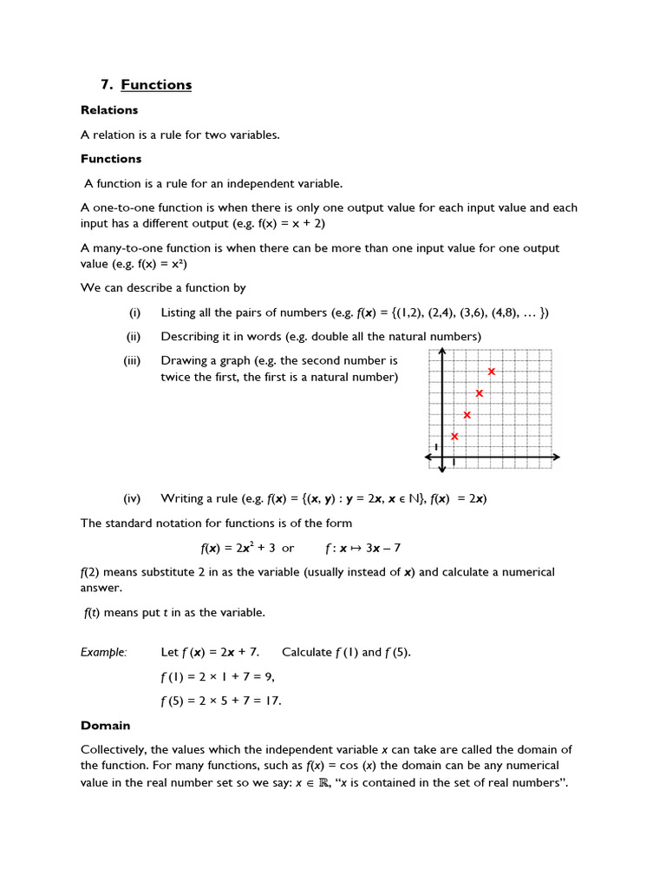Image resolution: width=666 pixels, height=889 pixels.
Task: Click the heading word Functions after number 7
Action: pos(156,84)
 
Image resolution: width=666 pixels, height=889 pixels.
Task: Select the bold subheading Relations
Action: pos(109,110)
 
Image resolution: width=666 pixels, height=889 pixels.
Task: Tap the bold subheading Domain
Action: pos(105,725)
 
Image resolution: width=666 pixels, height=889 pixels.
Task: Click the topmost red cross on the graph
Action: pos(491,372)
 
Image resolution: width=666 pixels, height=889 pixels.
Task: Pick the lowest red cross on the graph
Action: pos(454,436)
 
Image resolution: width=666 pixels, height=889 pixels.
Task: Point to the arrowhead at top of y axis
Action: pos(442,352)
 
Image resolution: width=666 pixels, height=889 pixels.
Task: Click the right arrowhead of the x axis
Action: pos(555,457)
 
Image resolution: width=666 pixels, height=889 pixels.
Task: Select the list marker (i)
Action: pos(134,313)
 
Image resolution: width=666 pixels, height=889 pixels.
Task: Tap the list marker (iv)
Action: pos(132,498)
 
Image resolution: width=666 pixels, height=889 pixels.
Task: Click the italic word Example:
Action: pos(103,652)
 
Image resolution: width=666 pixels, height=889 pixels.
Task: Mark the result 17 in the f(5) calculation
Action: pos(273,701)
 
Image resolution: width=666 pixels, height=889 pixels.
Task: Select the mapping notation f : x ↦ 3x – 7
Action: pos(362,548)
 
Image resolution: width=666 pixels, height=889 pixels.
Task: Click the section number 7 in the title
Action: pos(105,84)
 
